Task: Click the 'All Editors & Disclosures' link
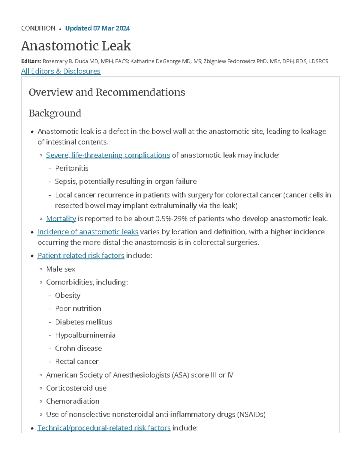[61, 71]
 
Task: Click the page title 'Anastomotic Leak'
[76, 46]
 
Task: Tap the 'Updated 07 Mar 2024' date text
[97, 28]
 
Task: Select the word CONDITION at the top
[38, 28]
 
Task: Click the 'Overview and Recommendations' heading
[107, 92]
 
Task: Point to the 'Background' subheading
[55, 113]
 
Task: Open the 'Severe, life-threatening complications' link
[108, 155]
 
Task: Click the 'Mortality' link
[61, 219]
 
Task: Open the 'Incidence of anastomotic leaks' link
[88, 232]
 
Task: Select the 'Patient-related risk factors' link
[81, 256]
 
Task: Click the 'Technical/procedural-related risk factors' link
[104, 428]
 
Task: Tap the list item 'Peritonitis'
[72, 168]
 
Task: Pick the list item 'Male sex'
[61, 269]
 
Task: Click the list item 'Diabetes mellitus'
[83, 322]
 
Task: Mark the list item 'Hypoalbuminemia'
[85, 335]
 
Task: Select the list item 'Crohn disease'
[78, 348]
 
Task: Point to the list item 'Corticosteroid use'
[76, 388]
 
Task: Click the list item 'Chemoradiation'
[73, 401]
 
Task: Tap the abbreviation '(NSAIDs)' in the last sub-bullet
[251, 415]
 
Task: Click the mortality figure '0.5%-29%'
[171, 219]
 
